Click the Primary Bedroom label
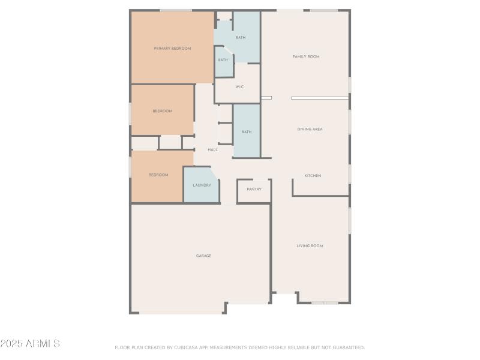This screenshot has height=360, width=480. pos(172,49)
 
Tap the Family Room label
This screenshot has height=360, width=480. pos(306,56)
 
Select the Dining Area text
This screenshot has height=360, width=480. pos(310,129)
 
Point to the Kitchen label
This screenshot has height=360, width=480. pos(313,176)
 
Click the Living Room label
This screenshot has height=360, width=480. pos(310,245)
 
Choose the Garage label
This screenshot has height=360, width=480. pos(203,256)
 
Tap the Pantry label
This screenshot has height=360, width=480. pos(254,189)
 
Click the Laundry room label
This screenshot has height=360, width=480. pos(202,185)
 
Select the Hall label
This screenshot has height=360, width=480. pos(212,149)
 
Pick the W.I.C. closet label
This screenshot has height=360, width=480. pos(239,87)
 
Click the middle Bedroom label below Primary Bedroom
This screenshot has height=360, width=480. pos(162,111)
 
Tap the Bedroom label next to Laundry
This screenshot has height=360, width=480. pos(158,175)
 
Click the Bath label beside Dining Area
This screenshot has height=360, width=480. pos(246,132)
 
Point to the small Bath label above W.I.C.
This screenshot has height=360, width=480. pos(223,60)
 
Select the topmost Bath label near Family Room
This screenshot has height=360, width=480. pos(240,38)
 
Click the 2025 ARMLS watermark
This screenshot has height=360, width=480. pos(30,344)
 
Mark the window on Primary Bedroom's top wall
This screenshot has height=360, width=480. pos(175,10)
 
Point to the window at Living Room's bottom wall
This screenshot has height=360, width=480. pos(325,303)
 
